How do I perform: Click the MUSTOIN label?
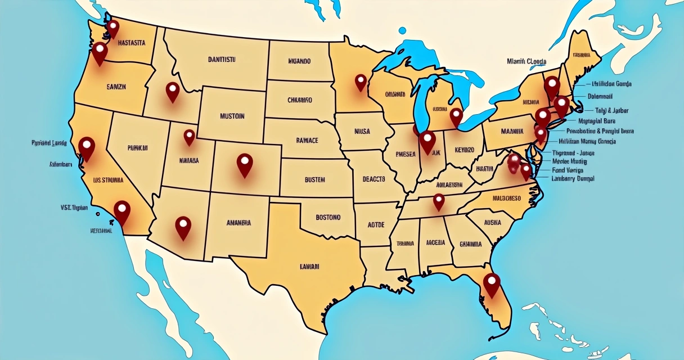(232, 116)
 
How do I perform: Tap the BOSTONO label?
(328, 217)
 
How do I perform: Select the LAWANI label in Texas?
(309, 265)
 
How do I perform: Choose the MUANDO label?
(299, 61)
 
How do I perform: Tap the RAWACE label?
(307, 140)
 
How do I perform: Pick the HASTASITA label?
(132, 42)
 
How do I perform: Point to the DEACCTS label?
(373, 179)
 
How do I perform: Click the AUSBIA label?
(492, 222)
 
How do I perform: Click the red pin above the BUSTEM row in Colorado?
(245, 164)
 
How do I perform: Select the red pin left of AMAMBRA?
(183, 227)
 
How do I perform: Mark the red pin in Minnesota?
(361, 83)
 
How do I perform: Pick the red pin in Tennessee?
(439, 201)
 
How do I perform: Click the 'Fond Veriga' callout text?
(568, 169)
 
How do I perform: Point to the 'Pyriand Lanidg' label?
(49, 143)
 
